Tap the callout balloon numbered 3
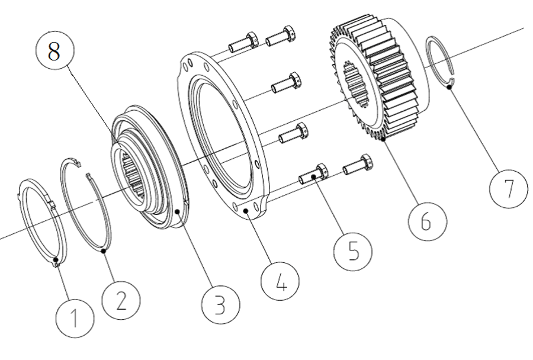(x=220, y=304)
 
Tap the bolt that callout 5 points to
(x=314, y=175)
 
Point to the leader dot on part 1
(x=56, y=259)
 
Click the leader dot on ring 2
(x=104, y=252)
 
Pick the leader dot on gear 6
(x=384, y=140)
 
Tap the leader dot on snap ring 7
(x=449, y=88)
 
